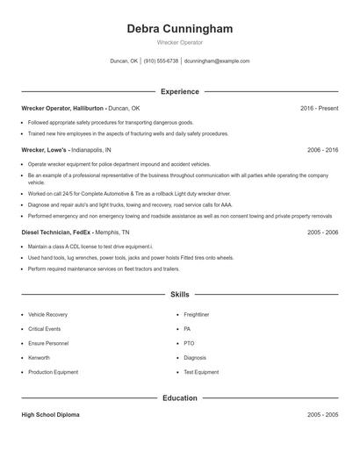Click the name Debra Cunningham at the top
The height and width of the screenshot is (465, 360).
tap(179, 29)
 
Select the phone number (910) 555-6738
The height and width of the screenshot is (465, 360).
tap(161, 61)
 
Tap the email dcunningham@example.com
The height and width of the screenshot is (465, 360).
tap(217, 61)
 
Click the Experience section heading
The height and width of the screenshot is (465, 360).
tap(179, 91)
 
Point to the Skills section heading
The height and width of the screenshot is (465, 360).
tap(179, 295)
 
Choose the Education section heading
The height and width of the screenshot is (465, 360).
tap(179, 398)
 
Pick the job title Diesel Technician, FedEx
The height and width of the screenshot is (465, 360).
tap(56, 232)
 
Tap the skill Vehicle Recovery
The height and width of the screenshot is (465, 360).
tap(47, 313)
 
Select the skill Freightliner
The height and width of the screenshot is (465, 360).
tap(196, 313)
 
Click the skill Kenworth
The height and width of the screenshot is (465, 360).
tap(40, 358)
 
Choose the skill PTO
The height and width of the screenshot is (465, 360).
tap(189, 343)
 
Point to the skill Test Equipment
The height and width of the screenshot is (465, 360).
tap(201, 372)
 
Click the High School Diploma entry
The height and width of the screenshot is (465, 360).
tap(50, 414)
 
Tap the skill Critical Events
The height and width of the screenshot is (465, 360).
tap(45, 328)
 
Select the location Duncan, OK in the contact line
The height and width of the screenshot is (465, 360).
tap(124, 61)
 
